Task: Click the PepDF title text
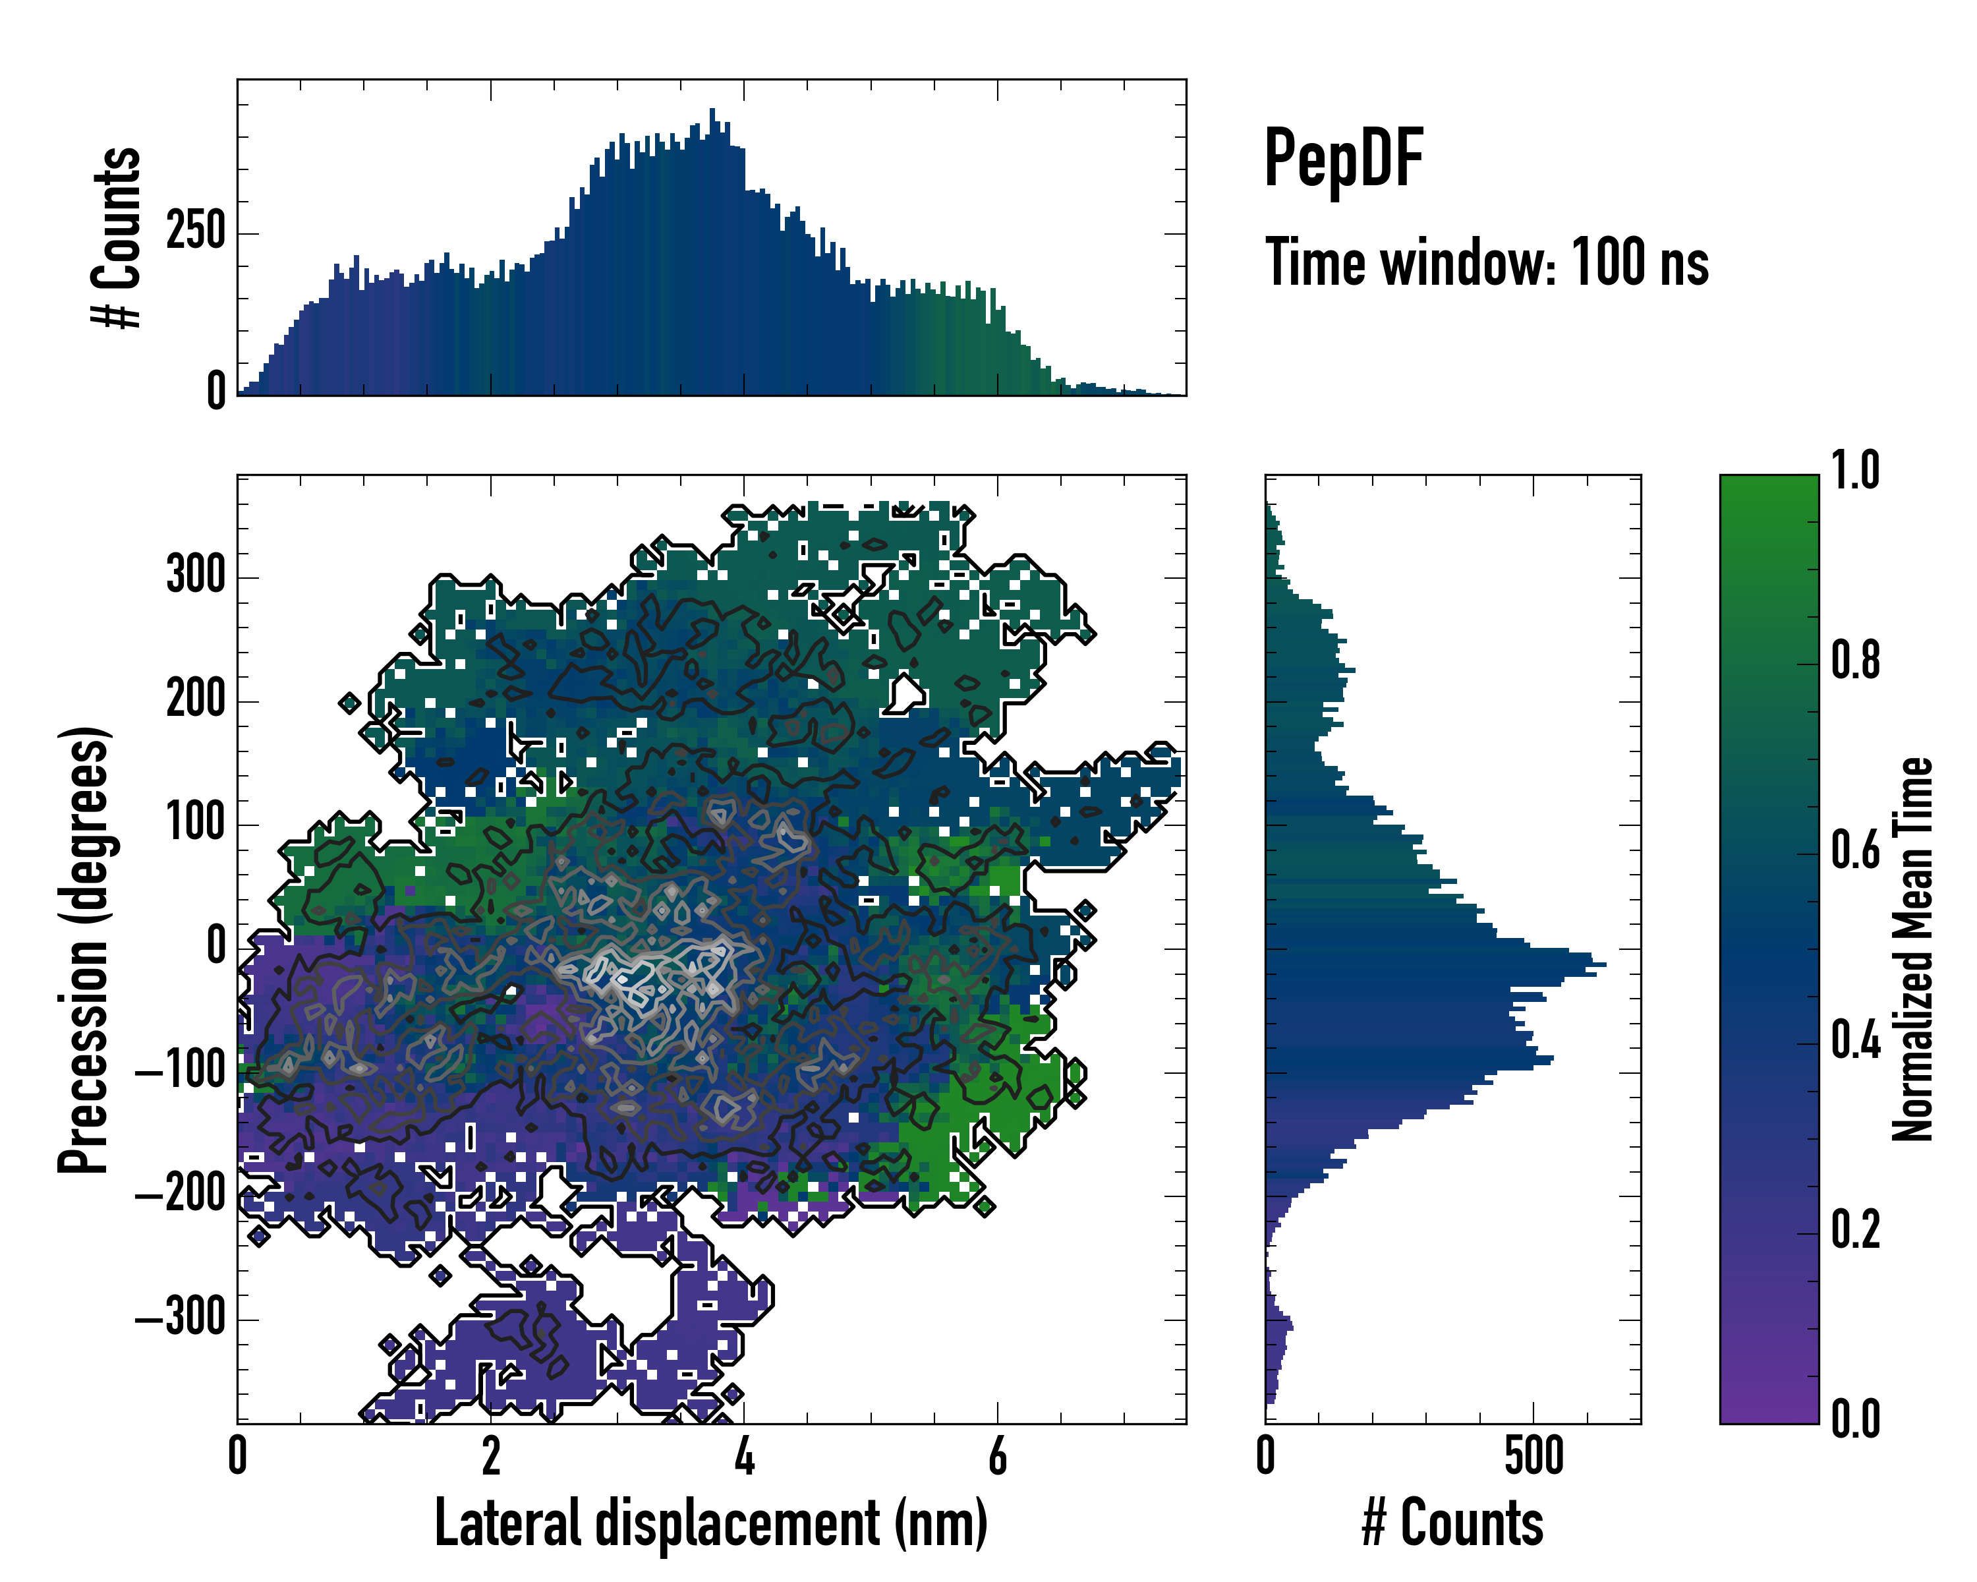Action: (1343, 159)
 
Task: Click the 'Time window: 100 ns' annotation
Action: (1487, 263)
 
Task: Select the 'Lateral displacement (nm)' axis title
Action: (710, 1523)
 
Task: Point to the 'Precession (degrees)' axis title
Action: (84, 949)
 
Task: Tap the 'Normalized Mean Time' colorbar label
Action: (1912, 949)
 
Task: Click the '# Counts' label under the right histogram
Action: (1452, 1523)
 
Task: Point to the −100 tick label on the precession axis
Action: (181, 1071)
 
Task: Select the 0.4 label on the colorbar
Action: (1855, 1042)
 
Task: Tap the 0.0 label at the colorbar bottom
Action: (1855, 1420)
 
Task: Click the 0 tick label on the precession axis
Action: (216, 947)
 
